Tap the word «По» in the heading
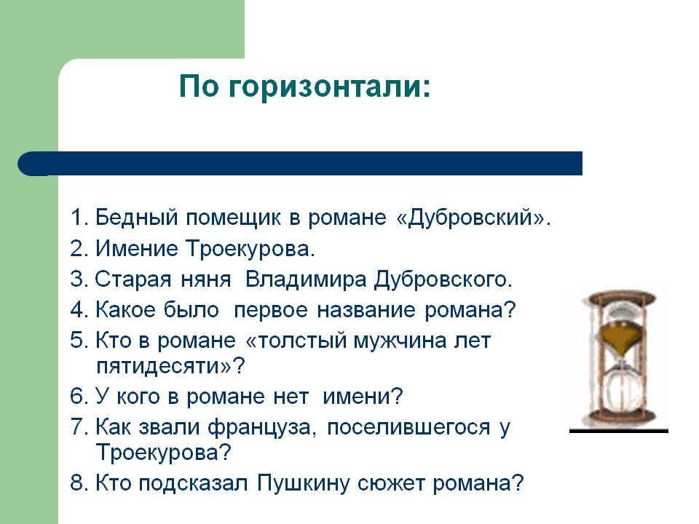[x=199, y=86]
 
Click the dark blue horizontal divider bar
[x=300, y=164]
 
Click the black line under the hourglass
[x=619, y=432]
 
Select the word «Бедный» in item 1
[x=137, y=218]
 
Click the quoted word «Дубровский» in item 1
[x=471, y=218]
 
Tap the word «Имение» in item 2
[x=137, y=249]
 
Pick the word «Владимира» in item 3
[x=306, y=279]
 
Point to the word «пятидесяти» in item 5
[x=157, y=367]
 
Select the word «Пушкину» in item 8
[x=303, y=484]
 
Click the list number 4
[x=78, y=310]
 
